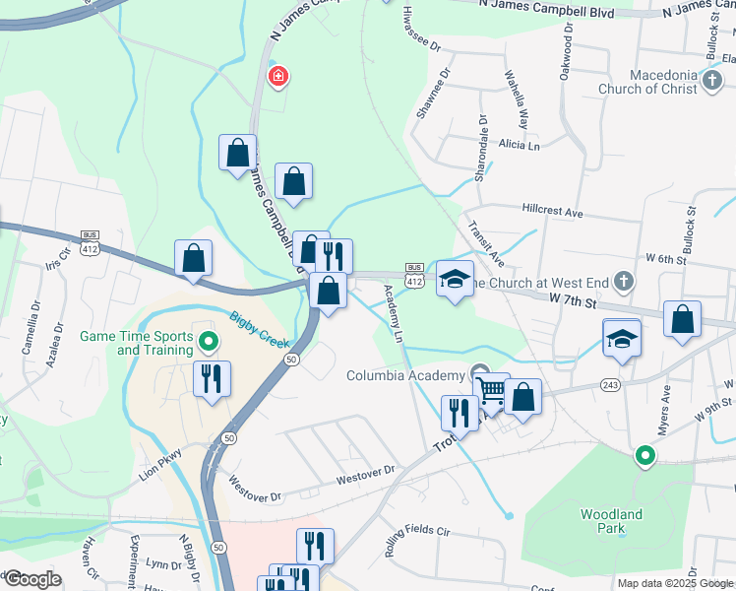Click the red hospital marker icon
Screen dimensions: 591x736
278,76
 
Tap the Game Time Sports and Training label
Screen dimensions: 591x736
136,343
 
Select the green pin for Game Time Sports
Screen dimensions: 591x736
208,343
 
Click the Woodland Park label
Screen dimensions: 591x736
611,521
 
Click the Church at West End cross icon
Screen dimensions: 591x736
622,283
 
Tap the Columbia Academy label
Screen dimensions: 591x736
404,375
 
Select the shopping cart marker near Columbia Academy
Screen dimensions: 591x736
491,391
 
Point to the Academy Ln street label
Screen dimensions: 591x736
394,313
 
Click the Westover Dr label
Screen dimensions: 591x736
364,475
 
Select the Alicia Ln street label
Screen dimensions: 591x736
520,146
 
